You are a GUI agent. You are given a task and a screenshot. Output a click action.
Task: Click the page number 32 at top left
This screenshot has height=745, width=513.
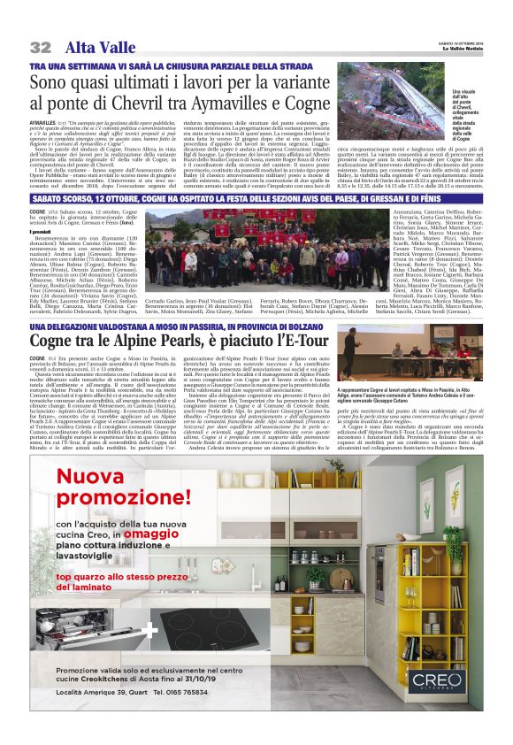click(40, 47)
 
